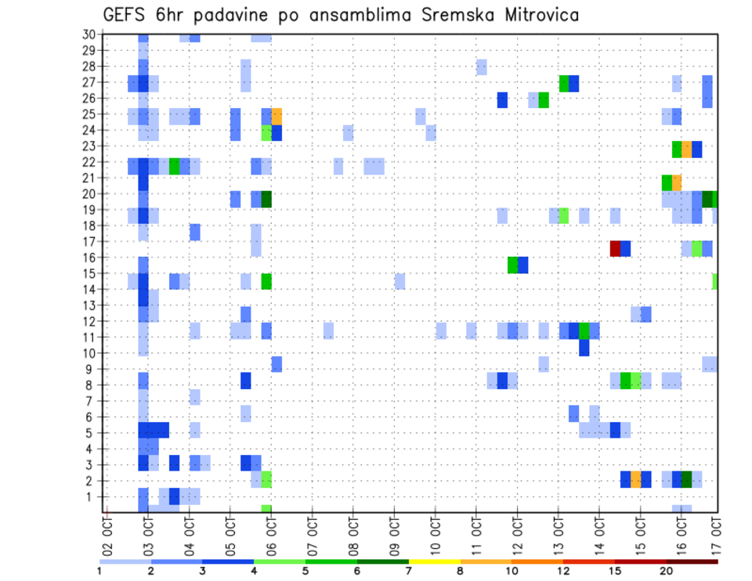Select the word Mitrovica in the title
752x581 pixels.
(537, 15)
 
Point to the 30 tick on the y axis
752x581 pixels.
(89, 34)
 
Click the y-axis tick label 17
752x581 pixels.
(89, 241)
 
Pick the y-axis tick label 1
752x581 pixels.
(92, 496)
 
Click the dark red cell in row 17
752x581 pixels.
(615, 248)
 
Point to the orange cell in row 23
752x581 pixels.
(687, 149)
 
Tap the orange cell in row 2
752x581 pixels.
(635, 479)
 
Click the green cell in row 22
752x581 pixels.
(174, 166)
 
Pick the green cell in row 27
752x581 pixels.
(564, 84)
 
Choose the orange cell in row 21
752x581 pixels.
(677, 182)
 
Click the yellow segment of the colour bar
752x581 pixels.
(434, 561)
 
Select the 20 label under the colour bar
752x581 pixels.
(667, 572)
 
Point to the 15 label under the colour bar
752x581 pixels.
(615, 572)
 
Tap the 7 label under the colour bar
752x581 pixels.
(409, 572)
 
